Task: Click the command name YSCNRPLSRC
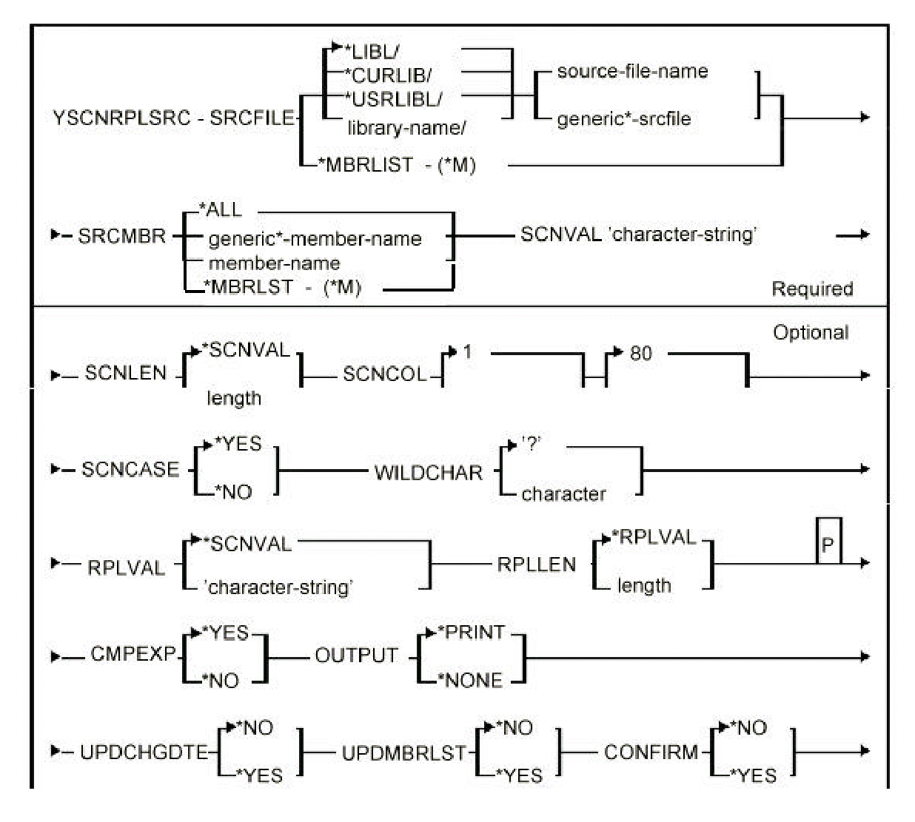[121, 118]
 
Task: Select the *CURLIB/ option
[388, 75]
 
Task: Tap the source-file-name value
[632, 71]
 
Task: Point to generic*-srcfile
[623, 118]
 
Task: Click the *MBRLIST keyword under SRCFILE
[365, 164]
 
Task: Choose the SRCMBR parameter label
[121, 237]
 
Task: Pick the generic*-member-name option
[315, 239]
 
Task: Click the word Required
[812, 289]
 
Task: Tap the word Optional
[811, 333]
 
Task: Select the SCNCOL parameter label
[385, 374]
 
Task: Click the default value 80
[641, 354]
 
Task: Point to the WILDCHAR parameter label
[428, 473]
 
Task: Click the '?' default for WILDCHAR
[531, 445]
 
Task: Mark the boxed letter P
[828, 545]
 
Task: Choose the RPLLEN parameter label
[536, 565]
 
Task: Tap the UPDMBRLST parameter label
[404, 753]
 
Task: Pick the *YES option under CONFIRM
[754, 775]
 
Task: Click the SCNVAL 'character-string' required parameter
[638, 235]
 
